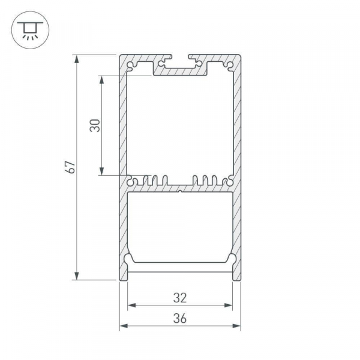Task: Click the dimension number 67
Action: point(70,167)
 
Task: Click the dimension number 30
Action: point(95,125)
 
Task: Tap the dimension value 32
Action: point(180,298)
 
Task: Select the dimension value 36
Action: point(180,319)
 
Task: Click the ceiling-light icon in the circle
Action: point(30,31)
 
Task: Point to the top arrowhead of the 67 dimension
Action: point(77,59)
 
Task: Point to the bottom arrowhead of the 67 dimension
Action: point(77,276)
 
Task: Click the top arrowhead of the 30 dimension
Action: point(102,80)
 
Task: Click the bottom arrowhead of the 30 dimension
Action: point(102,171)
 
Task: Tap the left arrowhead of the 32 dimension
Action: point(131,305)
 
